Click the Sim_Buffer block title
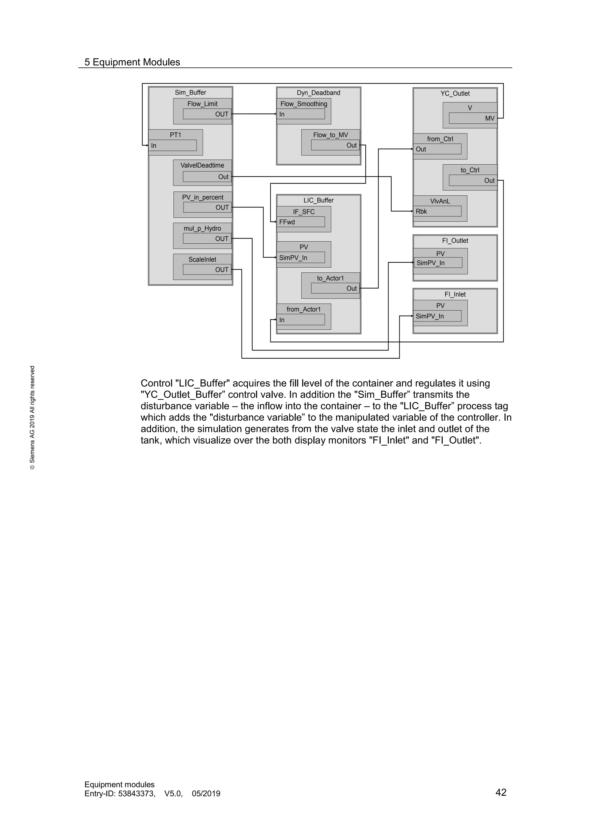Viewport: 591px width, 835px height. click(190, 92)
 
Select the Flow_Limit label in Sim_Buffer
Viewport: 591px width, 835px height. click(202, 104)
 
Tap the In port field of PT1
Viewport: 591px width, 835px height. click(173, 146)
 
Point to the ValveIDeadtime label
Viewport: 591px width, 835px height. click(202, 165)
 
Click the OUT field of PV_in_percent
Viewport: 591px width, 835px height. click(207, 207)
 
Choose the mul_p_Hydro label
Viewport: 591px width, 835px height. click(202, 228)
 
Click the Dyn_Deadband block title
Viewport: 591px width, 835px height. click(318, 93)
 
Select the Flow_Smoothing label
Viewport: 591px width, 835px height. click(304, 104)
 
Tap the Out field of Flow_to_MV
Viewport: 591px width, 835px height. click(335, 145)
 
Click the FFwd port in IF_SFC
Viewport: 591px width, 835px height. click(301, 222)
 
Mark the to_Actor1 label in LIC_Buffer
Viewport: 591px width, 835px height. click(330, 278)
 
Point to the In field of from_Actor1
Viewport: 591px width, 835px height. click(301, 320)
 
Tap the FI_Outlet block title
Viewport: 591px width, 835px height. click(455, 241)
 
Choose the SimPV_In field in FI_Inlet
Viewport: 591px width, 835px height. click(437, 316)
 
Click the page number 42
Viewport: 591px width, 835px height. click(501, 792)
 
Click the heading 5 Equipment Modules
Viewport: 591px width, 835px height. click(132, 62)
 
